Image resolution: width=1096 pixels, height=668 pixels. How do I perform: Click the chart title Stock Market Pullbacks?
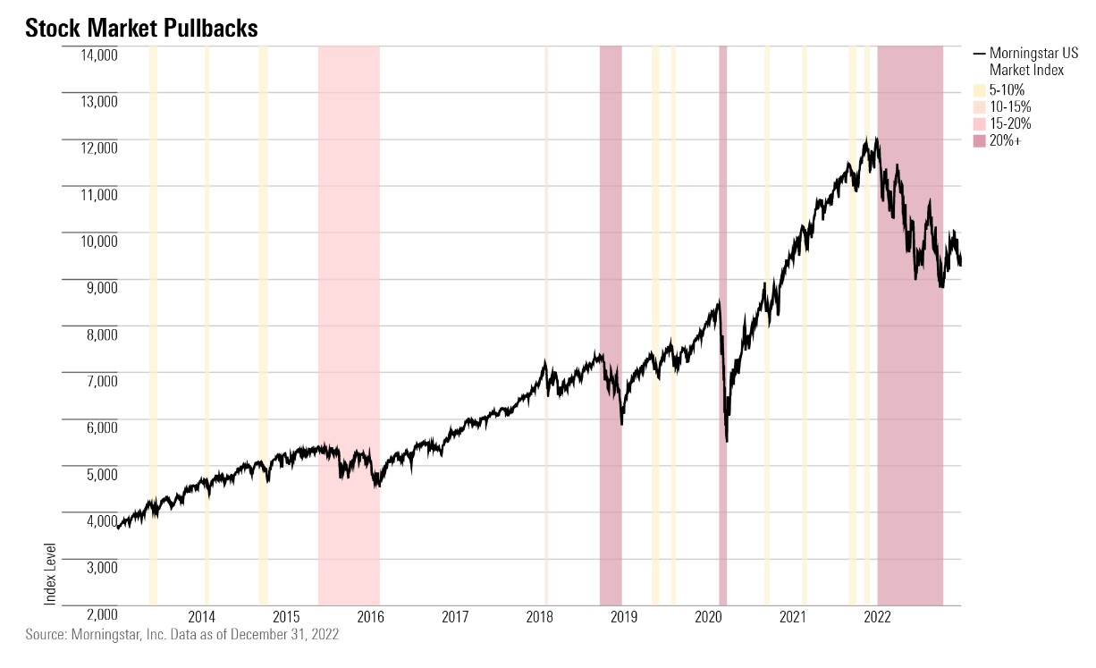tap(141, 29)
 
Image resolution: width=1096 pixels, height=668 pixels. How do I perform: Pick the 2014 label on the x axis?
tap(202, 616)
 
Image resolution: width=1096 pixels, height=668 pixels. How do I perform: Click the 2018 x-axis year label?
tap(540, 616)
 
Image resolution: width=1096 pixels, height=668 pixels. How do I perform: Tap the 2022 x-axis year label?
tap(877, 616)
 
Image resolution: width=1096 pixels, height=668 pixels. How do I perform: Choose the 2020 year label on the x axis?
tap(709, 616)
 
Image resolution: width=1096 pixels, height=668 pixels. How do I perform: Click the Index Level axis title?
tap(50, 572)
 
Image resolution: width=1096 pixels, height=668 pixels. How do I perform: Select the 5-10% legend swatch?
tap(979, 90)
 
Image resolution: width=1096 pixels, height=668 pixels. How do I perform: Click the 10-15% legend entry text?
tap(1010, 107)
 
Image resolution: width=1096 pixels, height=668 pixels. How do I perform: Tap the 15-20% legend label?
tap(1010, 123)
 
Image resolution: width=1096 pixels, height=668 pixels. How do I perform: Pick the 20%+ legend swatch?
tap(979, 140)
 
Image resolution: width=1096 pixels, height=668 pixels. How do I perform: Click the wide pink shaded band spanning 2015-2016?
tap(349, 268)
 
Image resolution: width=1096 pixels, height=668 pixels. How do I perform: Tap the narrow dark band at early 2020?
tap(722, 268)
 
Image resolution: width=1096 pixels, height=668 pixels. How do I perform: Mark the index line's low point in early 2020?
tap(727, 441)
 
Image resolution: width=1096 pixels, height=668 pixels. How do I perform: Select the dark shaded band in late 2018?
tap(611, 268)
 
